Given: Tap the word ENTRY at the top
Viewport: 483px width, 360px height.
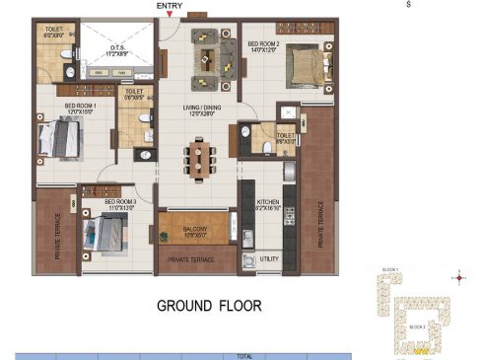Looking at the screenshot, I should click(170, 6).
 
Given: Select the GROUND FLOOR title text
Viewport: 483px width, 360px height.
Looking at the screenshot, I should click(209, 306).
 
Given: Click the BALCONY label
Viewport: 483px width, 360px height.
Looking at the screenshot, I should click(194, 229).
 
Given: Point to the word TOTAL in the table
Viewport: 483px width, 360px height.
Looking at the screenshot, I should click(244, 355).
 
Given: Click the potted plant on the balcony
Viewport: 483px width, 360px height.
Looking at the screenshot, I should click(164, 236).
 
